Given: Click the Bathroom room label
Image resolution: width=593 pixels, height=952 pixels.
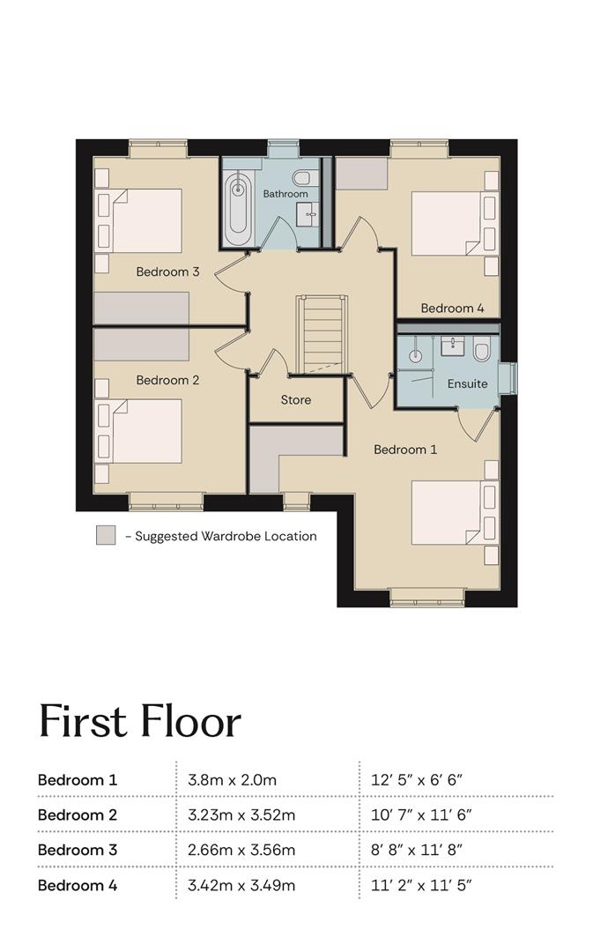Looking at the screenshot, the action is pos(285,194).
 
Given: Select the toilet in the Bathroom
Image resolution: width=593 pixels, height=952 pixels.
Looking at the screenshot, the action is pos(301,177).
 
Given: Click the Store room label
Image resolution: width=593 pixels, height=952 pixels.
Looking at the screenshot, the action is pos(295,400).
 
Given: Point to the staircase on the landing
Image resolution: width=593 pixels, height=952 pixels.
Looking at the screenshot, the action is pos(322,334).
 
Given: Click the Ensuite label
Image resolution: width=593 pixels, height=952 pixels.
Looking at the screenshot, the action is pos(467,383).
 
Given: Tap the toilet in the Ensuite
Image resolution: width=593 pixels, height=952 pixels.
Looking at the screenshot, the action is pos(482,351).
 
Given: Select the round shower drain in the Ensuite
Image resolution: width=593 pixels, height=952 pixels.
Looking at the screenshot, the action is pos(415,356).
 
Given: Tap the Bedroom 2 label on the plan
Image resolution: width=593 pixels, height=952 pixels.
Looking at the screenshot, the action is pos(167,381).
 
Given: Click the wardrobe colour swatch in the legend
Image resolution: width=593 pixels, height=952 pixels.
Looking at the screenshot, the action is pos(106,535).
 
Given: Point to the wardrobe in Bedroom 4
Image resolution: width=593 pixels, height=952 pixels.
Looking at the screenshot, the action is pos(362,173).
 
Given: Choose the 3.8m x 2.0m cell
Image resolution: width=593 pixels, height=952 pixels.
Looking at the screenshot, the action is pos(232,779).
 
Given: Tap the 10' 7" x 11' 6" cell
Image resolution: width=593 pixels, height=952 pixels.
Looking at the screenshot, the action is pos(421,814).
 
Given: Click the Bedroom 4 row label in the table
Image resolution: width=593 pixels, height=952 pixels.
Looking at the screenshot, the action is pos(77,885).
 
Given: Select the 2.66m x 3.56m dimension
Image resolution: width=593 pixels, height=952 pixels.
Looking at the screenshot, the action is pos(241,850).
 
